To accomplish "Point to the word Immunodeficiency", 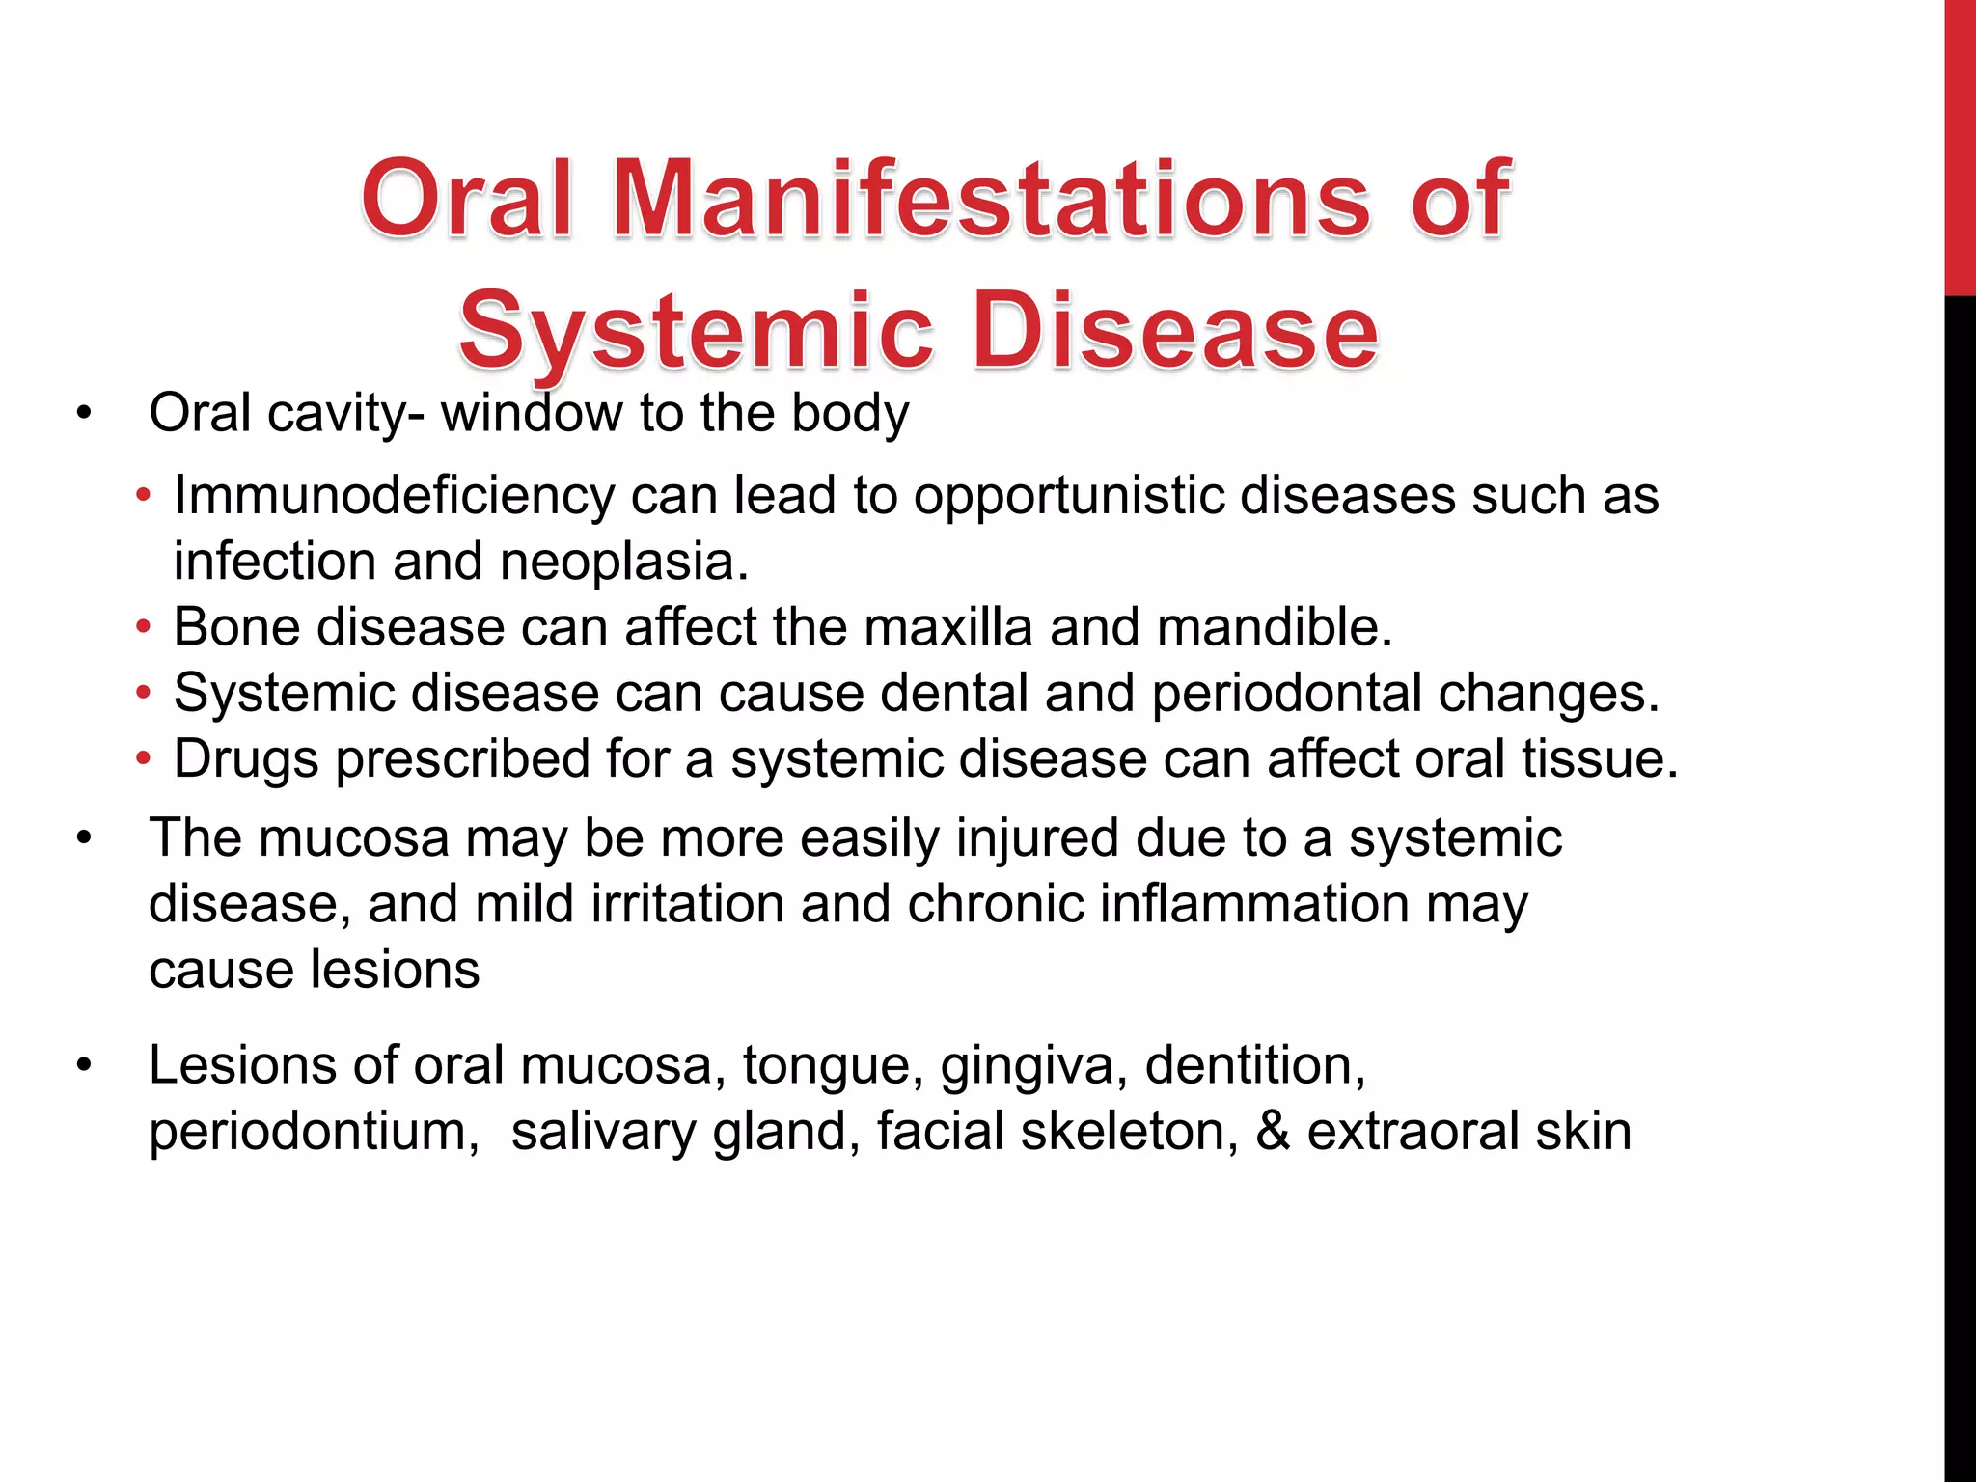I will [x=394, y=497].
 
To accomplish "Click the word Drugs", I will [x=246, y=759].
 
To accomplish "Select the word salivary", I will [x=603, y=1132].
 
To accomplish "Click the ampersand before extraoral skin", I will [x=1273, y=1131].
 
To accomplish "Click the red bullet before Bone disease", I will [x=144, y=628].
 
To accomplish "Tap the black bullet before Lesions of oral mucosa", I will [x=84, y=1066].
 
